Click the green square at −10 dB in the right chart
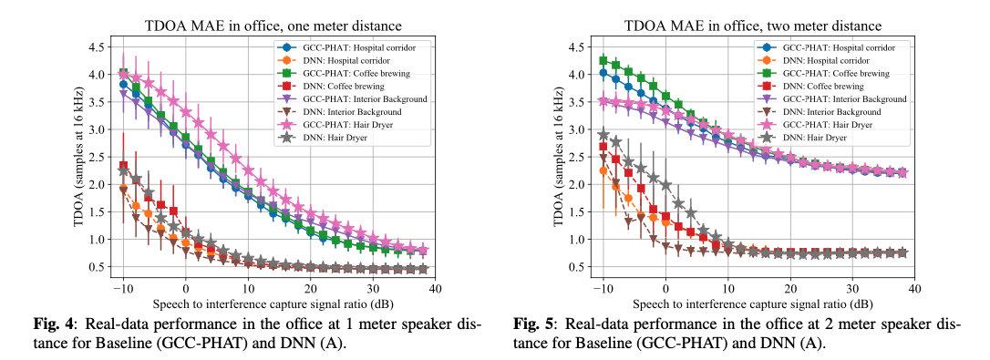coord(603,60)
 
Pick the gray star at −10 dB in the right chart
coord(603,135)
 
